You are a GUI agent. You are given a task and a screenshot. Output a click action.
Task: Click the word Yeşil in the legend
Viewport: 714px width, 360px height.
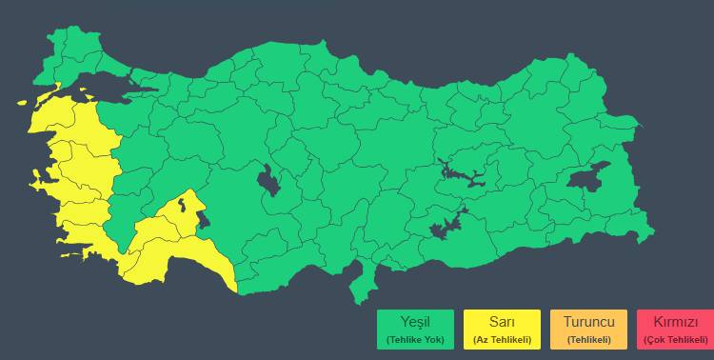pos(414,322)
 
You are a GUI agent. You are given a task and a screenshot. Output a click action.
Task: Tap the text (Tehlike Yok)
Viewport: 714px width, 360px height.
pos(414,339)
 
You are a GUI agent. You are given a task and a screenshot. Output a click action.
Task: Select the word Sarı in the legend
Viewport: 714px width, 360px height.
pos(502,322)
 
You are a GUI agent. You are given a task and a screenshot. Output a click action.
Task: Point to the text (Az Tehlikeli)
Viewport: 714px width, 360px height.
pos(502,339)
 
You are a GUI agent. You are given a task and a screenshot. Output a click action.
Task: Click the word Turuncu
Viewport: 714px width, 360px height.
pos(589,322)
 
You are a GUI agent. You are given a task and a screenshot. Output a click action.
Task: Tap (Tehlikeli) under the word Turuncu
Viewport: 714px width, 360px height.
pos(589,339)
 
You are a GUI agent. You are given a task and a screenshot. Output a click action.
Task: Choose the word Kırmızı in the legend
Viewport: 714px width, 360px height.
pos(676,322)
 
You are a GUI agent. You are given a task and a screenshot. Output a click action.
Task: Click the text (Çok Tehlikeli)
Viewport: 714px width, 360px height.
pos(676,339)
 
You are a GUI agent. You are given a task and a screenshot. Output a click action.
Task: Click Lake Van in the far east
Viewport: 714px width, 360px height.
pos(587,177)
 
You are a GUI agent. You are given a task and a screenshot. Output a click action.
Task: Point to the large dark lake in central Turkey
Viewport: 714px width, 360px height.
pos(269,180)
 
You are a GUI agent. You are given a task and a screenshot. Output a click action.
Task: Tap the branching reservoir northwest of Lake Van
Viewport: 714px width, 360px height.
pos(462,173)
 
